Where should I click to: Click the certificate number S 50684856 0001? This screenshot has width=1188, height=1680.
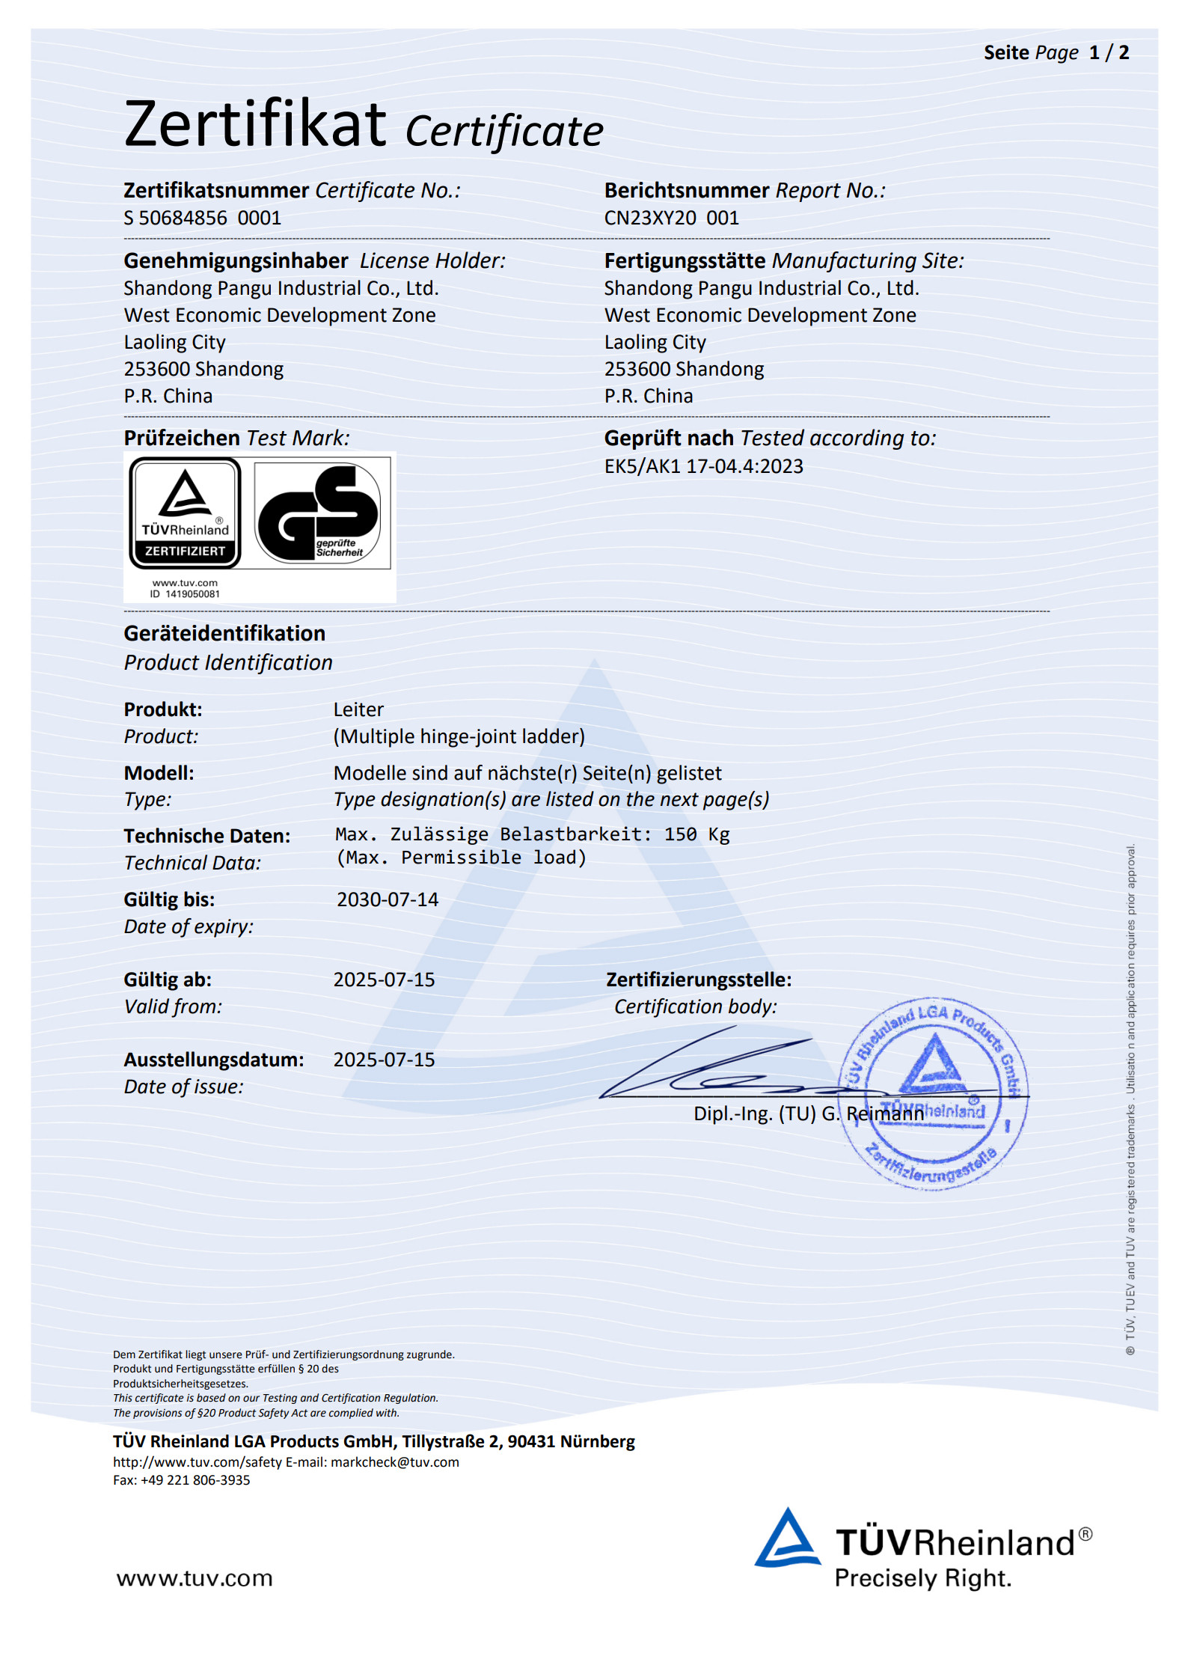[x=202, y=218]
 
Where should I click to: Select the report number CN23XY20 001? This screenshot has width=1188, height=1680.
[x=671, y=218]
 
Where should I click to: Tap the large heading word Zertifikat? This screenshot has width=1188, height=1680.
[x=255, y=124]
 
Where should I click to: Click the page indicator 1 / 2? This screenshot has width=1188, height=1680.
[x=1109, y=52]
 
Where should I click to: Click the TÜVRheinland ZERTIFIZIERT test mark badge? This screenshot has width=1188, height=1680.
[x=185, y=513]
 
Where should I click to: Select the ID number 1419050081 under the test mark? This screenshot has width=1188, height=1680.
[x=192, y=594]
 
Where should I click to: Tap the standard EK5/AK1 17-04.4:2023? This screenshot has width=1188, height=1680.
[x=703, y=466]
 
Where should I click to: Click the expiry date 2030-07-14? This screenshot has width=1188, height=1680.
[x=387, y=899]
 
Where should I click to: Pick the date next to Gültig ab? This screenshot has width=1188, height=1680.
[x=384, y=980]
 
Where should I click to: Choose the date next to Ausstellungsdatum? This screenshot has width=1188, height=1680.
[x=384, y=1060]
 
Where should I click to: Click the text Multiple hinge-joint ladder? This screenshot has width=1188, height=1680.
[x=459, y=736]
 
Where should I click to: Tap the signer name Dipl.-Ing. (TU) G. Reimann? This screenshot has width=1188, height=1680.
[x=808, y=1114]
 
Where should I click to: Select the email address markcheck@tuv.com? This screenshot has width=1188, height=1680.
[x=395, y=1462]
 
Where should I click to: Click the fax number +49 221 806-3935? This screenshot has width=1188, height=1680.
[x=195, y=1480]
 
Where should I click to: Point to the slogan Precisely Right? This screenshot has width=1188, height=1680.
[x=922, y=1578]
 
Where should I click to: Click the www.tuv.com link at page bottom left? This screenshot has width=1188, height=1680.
[x=195, y=1578]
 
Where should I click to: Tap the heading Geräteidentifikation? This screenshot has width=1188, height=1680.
[x=224, y=633]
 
